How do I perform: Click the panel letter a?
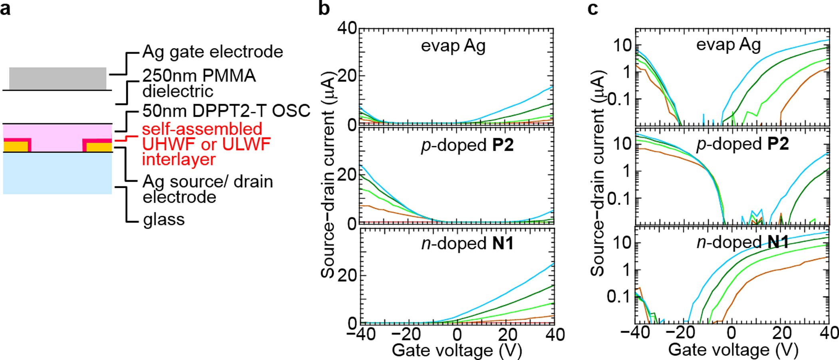[x=5, y=8]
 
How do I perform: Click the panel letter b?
[x=324, y=8]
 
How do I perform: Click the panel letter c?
[x=593, y=8]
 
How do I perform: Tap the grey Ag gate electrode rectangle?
[x=58, y=78]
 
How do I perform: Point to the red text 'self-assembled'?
[x=202, y=129]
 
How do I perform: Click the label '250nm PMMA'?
[x=199, y=76]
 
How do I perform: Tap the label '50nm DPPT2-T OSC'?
[x=226, y=111]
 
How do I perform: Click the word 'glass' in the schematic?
[x=164, y=219]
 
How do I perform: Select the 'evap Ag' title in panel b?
[x=453, y=46]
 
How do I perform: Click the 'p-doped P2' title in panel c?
[x=742, y=144]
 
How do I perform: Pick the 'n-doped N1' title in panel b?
[x=467, y=243]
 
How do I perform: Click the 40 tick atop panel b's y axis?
[x=347, y=28]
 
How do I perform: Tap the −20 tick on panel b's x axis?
[x=406, y=335]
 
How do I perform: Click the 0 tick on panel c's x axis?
[x=731, y=333]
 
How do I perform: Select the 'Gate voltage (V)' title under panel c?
[x=733, y=350]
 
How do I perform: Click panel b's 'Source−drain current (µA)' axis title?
[x=328, y=175]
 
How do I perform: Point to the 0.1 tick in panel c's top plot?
[x=620, y=99]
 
